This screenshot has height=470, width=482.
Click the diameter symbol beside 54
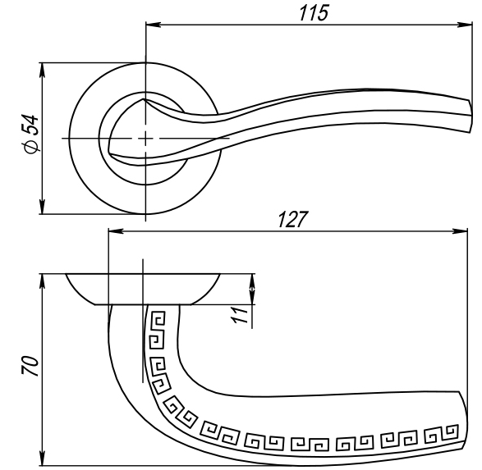[31, 145]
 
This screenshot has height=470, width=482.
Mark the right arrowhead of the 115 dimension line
[467, 25]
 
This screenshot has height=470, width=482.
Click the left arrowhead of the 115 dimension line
[151, 25]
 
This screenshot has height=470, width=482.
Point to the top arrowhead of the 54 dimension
[41, 67]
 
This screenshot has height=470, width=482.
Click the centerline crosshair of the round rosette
[145, 139]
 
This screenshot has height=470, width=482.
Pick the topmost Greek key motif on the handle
[155, 317]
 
